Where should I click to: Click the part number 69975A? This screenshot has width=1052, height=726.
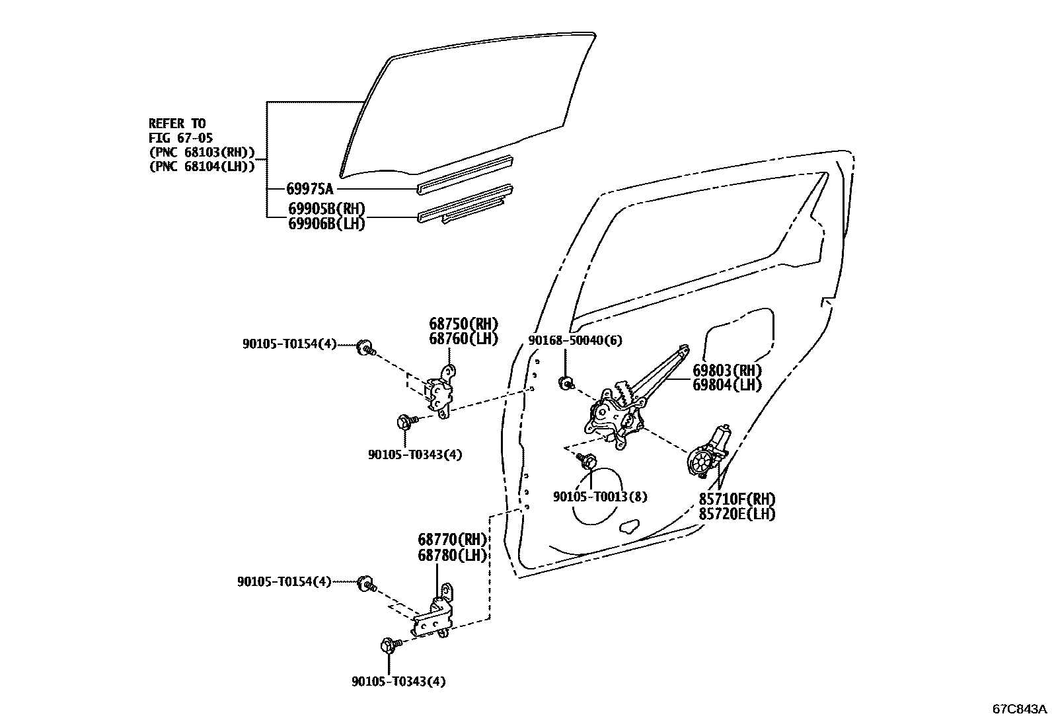(x=310, y=189)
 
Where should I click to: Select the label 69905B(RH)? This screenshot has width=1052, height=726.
(x=326, y=209)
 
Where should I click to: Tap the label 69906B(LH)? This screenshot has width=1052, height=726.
(x=326, y=224)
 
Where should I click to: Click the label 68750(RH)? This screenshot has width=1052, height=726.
(x=463, y=324)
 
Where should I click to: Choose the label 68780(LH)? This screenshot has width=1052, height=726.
(x=452, y=556)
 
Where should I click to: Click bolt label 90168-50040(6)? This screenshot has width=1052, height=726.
(x=575, y=340)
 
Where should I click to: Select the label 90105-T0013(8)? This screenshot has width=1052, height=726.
(x=600, y=496)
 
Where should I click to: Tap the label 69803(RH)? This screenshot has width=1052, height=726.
(x=727, y=371)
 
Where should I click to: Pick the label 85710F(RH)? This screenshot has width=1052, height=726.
(x=737, y=499)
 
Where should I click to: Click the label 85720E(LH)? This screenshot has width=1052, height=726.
(x=737, y=513)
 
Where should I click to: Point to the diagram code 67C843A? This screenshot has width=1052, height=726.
(x=1020, y=709)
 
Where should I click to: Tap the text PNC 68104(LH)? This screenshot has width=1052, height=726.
(x=202, y=167)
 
